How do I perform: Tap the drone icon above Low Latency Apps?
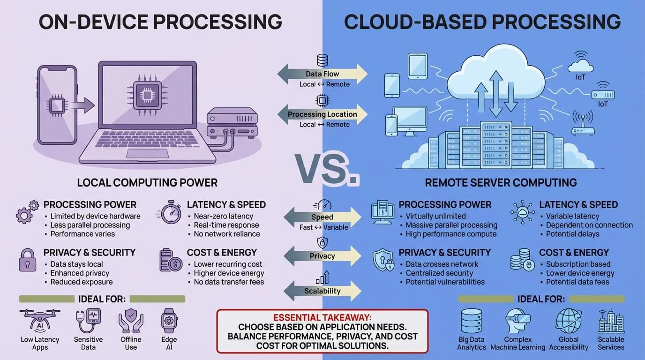[40, 320]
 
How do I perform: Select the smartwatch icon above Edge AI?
[169, 321]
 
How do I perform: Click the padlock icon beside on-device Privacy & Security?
[27, 260]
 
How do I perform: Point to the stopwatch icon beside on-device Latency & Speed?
[171, 212]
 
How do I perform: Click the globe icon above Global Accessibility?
[569, 321]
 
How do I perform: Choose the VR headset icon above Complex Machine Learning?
[517, 321]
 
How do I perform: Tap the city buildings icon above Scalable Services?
[611, 321]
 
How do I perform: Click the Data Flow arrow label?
[322, 74]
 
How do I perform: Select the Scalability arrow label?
[322, 291]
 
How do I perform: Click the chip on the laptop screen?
[147, 96]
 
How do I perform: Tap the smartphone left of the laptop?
[57, 105]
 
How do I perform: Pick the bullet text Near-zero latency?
[223, 216]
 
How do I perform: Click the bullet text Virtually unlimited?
[435, 216]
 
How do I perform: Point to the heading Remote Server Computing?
[501, 182]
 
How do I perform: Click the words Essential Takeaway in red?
[322, 317]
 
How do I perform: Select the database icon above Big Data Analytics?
[471, 321]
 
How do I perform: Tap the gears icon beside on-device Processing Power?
[27, 212]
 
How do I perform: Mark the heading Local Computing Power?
[147, 182]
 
